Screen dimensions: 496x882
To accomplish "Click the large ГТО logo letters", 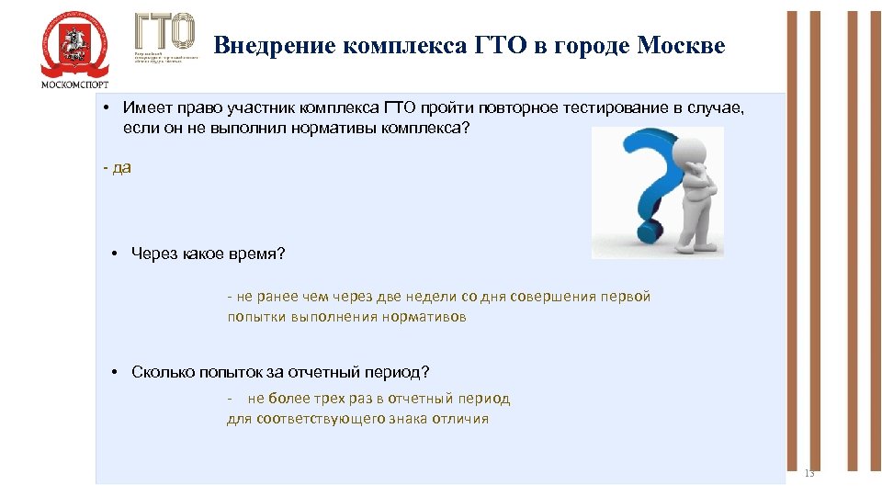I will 165,32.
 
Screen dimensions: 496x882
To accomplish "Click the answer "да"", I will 121,168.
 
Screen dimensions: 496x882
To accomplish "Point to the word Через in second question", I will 153,253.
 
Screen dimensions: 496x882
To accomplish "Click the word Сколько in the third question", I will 160,372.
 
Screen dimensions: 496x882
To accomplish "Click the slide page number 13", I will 808,473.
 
